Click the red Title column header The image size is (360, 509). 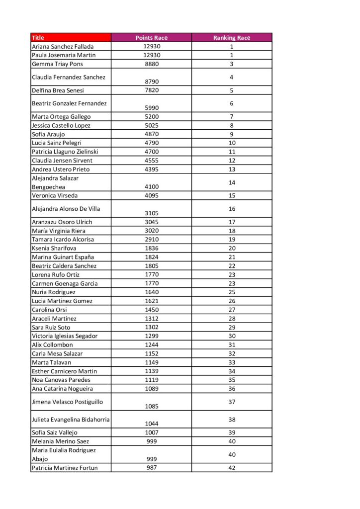[x=70, y=38]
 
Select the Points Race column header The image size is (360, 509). [x=151, y=38]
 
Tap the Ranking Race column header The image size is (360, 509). [x=232, y=38]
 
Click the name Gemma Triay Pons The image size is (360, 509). [x=57, y=64]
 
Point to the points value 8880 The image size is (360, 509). [x=151, y=64]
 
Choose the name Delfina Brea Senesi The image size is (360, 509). [x=58, y=90]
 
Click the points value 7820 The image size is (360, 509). [x=151, y=90]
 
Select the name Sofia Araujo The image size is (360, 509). [x=48, y=134]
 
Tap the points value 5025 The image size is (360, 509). [x=151, y=125]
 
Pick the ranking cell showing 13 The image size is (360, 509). [x=232, y=169]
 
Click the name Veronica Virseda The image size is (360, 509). [x=55, y=195]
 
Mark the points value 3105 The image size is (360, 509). [x=151, y=213]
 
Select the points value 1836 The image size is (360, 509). [x=151, y=248]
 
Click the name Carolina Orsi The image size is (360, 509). [x=48, y=310]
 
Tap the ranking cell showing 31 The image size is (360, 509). [x=232, y=345]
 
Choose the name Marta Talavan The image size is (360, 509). [x=50, y=362]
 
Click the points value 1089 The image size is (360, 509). [x=151, y=389]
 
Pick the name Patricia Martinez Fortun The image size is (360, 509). [x=65, y=468]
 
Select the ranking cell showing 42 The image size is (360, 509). [x=232, y=468]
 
